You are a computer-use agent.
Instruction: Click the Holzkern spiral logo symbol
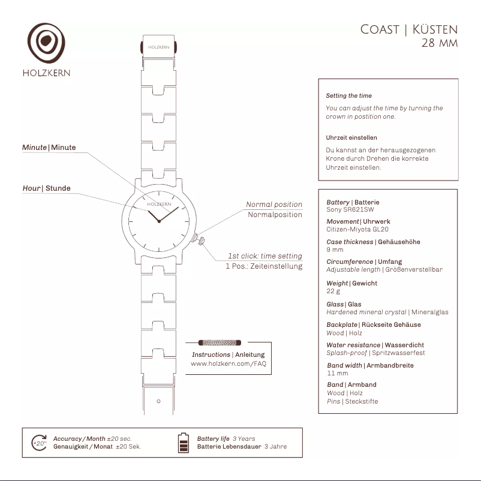[x=46, y=43]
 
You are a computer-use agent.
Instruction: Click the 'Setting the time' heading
[x=348, y=96]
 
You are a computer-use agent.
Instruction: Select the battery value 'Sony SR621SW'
[x=350, y=210]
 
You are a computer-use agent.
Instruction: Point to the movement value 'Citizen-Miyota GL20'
[x=357, y=229]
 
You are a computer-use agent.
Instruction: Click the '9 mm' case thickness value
[x=335, y=249]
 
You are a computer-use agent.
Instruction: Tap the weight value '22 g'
[x=333, y=291]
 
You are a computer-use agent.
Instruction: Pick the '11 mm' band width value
[x=337, y=373]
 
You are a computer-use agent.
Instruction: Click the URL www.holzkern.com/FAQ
[x=228, y=363]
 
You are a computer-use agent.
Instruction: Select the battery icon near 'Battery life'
[x=184, y=443]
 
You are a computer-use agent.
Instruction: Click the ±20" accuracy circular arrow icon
[x=40, y=443]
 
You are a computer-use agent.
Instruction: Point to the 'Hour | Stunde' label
[x=46, y=188]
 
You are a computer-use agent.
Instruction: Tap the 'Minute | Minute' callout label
[x=49, y=148]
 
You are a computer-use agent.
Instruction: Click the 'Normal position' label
[x=274, y=205]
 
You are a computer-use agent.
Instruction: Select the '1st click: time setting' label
[x=264, y=256]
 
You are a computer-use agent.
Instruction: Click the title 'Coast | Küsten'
[x=409, y=29]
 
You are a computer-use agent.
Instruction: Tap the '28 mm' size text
[x=440, y=44]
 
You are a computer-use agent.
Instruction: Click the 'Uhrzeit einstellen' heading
[x=351, y=138]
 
